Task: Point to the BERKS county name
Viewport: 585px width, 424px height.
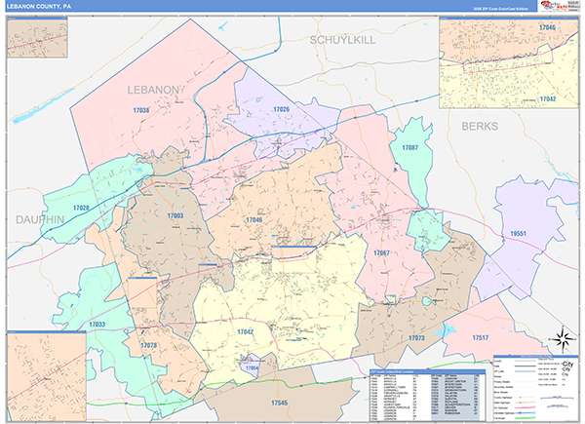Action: [x=479, y=127]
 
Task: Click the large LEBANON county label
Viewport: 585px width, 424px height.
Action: [x=153, y=90]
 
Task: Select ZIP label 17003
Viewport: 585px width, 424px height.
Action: [x=175, y=215]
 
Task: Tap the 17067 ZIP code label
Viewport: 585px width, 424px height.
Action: [x=380, y=252]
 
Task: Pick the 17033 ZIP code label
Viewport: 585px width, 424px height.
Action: [x=98, y=324]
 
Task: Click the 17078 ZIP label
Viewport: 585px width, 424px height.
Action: [x=149, y=345]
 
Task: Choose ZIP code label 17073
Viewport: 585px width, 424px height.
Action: [x=416, y=338]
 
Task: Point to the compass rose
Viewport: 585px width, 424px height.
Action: [x=562, y=339]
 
